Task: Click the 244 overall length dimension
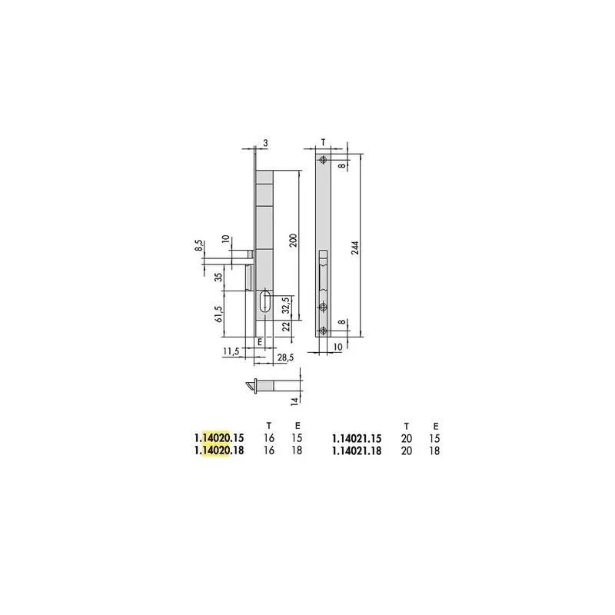click(x=355, y=248)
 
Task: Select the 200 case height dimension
click(x=294, y=240)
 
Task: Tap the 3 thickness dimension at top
click(x=265, y=143)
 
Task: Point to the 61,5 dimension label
click(x=218, y=314)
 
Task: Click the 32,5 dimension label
click(x=286, y=305)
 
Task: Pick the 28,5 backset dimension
click(x=285, y=357)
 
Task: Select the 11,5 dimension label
click(x=231, y=351)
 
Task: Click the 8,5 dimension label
click(x=199, y=246)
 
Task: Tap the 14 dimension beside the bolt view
click(x=295, y=401)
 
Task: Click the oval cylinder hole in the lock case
click(x=265, y=301)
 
